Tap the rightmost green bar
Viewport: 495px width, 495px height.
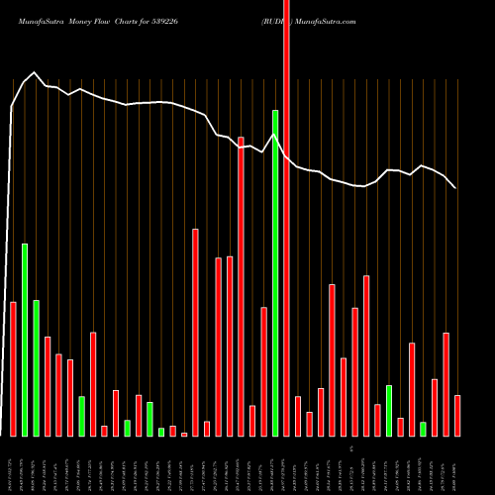423,429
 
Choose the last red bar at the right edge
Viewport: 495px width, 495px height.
457,415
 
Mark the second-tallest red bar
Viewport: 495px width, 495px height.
241,286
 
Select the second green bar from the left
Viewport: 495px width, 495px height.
36,367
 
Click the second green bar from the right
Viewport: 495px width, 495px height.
389,410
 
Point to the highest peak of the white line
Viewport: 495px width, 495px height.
35,72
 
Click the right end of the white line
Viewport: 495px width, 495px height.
455,187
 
